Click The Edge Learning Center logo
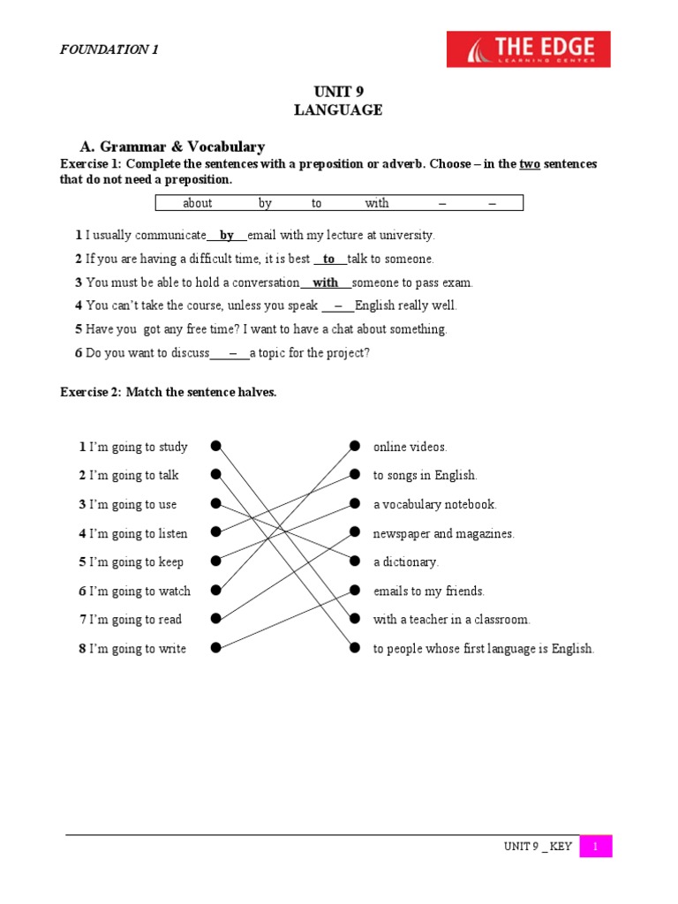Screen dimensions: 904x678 click(528, 49)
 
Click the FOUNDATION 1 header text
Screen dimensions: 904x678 click(109, 49)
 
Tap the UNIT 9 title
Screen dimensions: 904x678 click(338, 92)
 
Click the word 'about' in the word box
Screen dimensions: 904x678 click(197, 203)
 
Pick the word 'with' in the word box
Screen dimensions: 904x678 click(377, 203)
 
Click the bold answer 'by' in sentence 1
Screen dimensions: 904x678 click(227, 236)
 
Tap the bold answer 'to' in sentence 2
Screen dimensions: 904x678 click(329, 259)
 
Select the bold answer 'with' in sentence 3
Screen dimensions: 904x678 click(326, 282)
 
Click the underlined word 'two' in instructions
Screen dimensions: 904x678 click(530, 164)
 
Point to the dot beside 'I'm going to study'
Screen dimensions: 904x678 click(215, 446)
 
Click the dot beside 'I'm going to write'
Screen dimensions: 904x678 click(215, 649)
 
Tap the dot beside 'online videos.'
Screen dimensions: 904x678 click(354, 446)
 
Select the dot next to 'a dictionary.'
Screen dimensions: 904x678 click(354, 561)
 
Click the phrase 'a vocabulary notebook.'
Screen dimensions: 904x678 click(434, 505)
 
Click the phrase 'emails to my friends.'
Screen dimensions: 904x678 click(428, 591)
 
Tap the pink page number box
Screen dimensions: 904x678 click(596, 847)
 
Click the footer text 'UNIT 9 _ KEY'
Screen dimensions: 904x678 click(538, 847)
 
